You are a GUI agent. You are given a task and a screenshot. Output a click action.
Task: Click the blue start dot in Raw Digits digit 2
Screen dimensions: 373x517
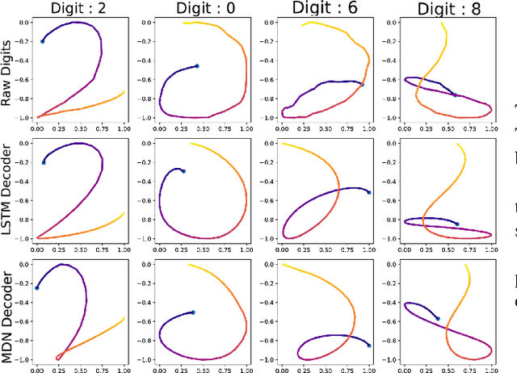[x=43, y=41]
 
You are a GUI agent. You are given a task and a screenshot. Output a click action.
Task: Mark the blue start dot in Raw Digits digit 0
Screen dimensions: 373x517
[x=197, y=66]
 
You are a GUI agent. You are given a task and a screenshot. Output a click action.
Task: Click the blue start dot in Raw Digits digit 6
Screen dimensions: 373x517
[x=362, y=84]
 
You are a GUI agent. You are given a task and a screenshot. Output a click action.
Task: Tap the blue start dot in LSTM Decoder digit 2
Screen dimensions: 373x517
[x=43, y=162]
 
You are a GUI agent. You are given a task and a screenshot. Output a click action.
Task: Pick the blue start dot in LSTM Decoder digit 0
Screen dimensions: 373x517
[x=183, y=171]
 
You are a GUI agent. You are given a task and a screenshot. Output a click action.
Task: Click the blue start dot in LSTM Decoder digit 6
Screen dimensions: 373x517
[x=368, y=192]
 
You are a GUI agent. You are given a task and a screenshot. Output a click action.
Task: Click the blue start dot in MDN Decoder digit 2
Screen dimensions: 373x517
[x=37, y=287]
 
